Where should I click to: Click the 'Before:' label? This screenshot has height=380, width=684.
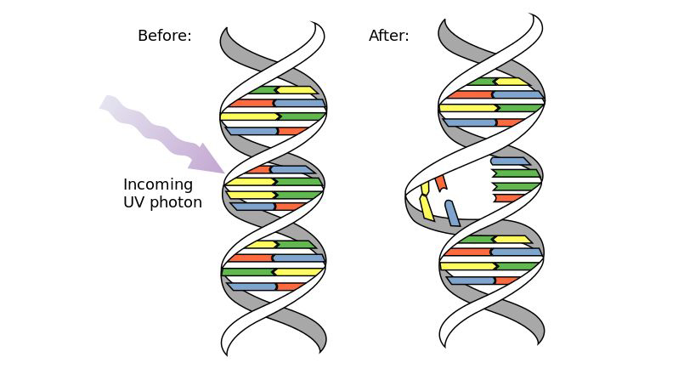pos(164,36)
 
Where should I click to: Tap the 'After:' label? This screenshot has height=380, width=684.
pos(388,36)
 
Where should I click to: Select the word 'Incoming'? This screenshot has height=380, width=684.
pos(158,184)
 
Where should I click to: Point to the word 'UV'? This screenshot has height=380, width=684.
pos(136,202)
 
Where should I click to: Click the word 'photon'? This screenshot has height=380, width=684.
pos(177,202)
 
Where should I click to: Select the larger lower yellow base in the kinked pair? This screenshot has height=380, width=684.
pos(427,207)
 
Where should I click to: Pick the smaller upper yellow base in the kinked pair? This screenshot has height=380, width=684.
pos(425,188)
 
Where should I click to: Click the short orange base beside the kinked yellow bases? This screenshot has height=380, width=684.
pos(440,182)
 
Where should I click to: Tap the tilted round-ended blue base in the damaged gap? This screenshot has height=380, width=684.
pos(452,213)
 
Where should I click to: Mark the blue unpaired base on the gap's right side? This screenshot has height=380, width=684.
pos(510,161)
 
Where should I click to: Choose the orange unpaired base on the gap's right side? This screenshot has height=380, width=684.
pos(510,198)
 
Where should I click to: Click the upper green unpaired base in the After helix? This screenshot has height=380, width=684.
pos(517,173)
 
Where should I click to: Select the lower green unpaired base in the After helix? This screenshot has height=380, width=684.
pos(517,186)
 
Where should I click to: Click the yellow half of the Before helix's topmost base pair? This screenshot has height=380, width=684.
pos(296,90)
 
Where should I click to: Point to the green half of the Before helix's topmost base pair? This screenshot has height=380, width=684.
pos(263,90)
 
